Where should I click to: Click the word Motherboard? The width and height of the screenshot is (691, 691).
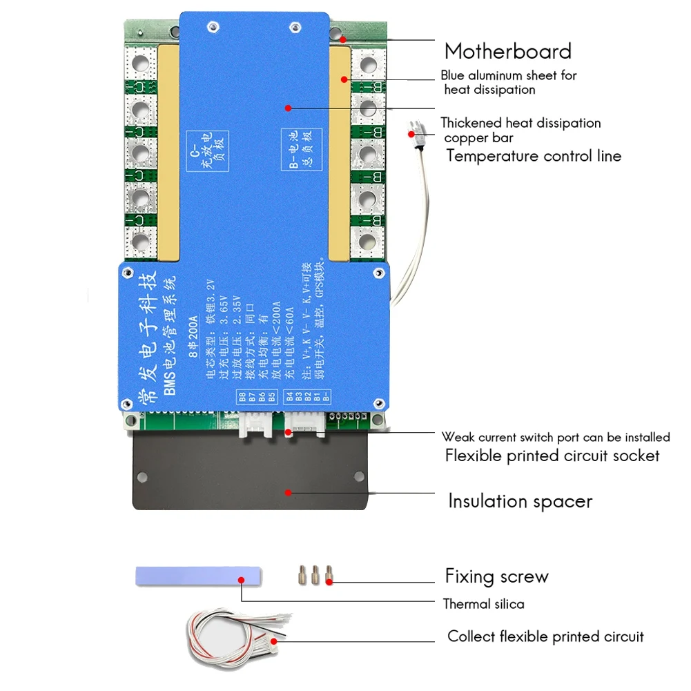point(507,51)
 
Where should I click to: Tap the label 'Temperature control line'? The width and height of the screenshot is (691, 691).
point(533,155)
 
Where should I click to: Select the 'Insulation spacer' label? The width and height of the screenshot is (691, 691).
point(520,500)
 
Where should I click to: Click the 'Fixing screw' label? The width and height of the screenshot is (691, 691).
point(496,576)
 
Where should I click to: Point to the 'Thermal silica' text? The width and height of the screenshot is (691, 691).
point(483,604)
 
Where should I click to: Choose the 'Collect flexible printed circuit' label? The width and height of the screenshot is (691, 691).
point(545,636)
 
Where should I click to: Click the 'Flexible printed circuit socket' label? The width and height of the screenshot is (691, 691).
point(552,456)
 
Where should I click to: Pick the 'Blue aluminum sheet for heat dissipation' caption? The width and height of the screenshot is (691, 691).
point(508,82)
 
